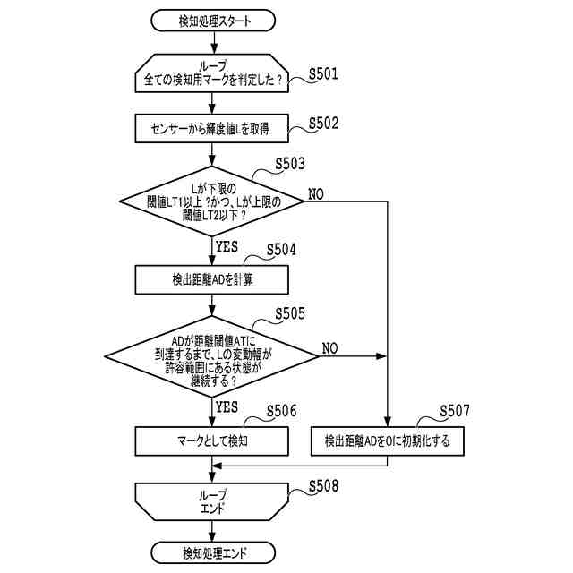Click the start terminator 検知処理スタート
coord(212,19)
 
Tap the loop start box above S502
coord(212,73)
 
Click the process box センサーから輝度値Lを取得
coord(212,128)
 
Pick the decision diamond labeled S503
coord(212,202)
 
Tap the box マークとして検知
coord(212,440)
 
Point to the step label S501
coord(323,75)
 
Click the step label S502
coord(323,124)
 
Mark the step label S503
coord(289,164)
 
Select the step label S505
coord(289,313)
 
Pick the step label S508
coord(323,487)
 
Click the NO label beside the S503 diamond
coord(316,193)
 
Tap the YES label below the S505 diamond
coord(227,407)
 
